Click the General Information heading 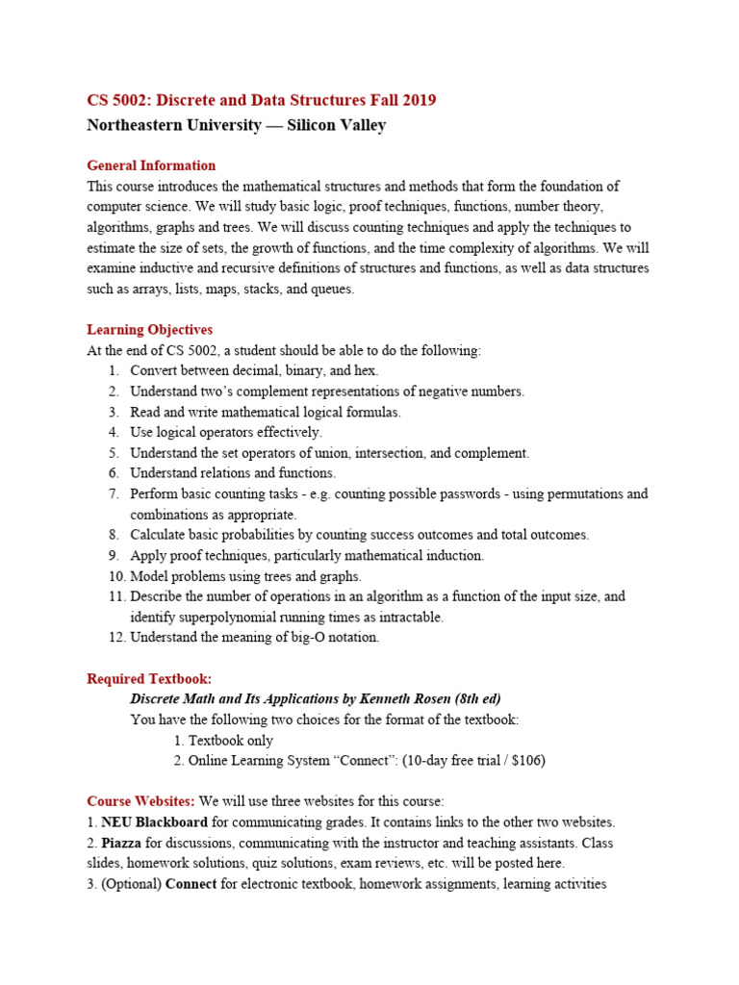point(151,165)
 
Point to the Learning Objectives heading point(149,330)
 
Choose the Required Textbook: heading point(149,679)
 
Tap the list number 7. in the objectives point(114,494)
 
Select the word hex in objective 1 point(365,371)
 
